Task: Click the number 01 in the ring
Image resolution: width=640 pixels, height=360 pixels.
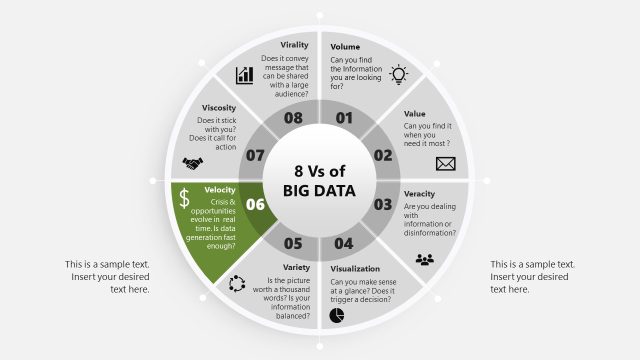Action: (x=345, y=118)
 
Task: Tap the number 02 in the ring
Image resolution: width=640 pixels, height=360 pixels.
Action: (x=383, y=155)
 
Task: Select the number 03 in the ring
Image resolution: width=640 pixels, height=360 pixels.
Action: (x=383, y=205)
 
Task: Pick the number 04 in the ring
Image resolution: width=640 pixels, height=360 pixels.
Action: (x=344, y=243)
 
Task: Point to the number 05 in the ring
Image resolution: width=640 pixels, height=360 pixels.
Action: (x=293, y=243)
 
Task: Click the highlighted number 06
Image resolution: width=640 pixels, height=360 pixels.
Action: (x=255, y=205)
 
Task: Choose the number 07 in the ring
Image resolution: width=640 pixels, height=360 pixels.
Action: (x=255, y=155)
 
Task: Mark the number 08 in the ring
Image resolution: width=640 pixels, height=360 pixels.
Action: (x=293, y=118)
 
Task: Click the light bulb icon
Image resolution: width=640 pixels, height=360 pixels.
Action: (x=399, y=74)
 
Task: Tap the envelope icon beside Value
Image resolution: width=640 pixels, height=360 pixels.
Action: (x=445, y=163)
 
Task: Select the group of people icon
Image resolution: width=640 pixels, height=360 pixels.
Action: (x=426, y=260)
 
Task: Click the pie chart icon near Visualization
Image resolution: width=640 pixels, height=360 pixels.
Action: (x=338, y=316)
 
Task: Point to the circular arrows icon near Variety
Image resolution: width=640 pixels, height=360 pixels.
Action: (x=237, y=284)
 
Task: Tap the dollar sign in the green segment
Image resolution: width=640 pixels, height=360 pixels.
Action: (x=185, y=198)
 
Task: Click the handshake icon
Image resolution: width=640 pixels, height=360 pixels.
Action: (x=192, y=164)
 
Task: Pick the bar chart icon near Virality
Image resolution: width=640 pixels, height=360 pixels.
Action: (x=243, y=75)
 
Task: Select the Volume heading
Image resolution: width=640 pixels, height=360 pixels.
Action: (x=345, y=47)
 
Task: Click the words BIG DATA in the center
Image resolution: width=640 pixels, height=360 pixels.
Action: (x=319, y=189)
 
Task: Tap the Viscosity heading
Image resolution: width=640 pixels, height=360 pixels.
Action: (x=219, y=107)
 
